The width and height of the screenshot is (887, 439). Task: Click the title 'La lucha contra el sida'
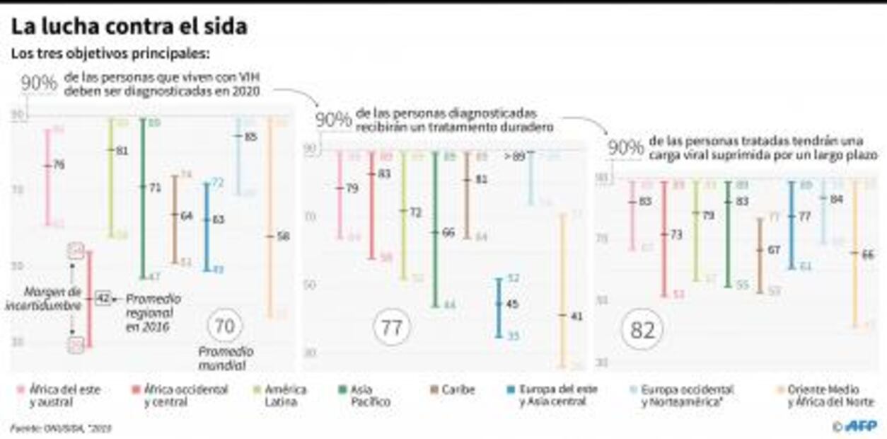(x=129, y=27)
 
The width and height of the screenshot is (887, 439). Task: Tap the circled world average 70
(x=224, y=326)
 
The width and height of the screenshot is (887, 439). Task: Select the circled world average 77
(x=391, y=328)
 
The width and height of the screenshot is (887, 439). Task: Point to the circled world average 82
(x=642, y=330)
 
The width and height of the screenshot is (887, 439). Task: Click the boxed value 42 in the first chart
(x=103, y=299)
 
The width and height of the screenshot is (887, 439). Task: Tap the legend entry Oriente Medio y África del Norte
(x=824, y=395)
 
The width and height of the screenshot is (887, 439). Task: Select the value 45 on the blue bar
(x=513, y=304)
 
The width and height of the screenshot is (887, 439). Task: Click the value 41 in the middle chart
(x=576, y=317)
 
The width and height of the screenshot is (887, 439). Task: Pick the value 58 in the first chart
(x=283, y=236)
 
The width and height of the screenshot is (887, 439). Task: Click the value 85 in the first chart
(x=250, y=137)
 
